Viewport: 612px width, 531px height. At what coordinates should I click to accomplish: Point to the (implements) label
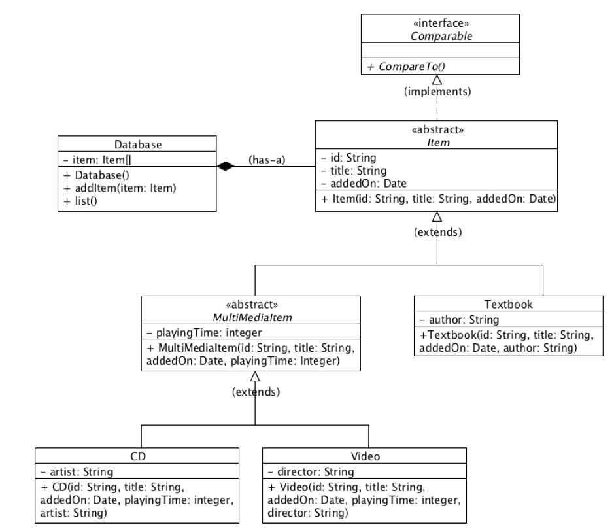tap(436, 92)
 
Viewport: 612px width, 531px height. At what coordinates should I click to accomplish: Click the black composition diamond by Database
tap(226, 167)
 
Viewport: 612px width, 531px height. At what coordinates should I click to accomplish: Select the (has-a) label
tap(265, 159)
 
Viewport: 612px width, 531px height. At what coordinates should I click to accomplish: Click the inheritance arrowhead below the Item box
tap(437, 216)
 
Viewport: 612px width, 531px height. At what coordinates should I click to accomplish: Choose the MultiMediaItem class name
tap(250, 318)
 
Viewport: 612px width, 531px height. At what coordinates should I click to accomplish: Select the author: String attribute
tap(459, 320)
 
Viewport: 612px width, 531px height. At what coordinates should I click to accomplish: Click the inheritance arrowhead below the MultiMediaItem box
tap(255, 377)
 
